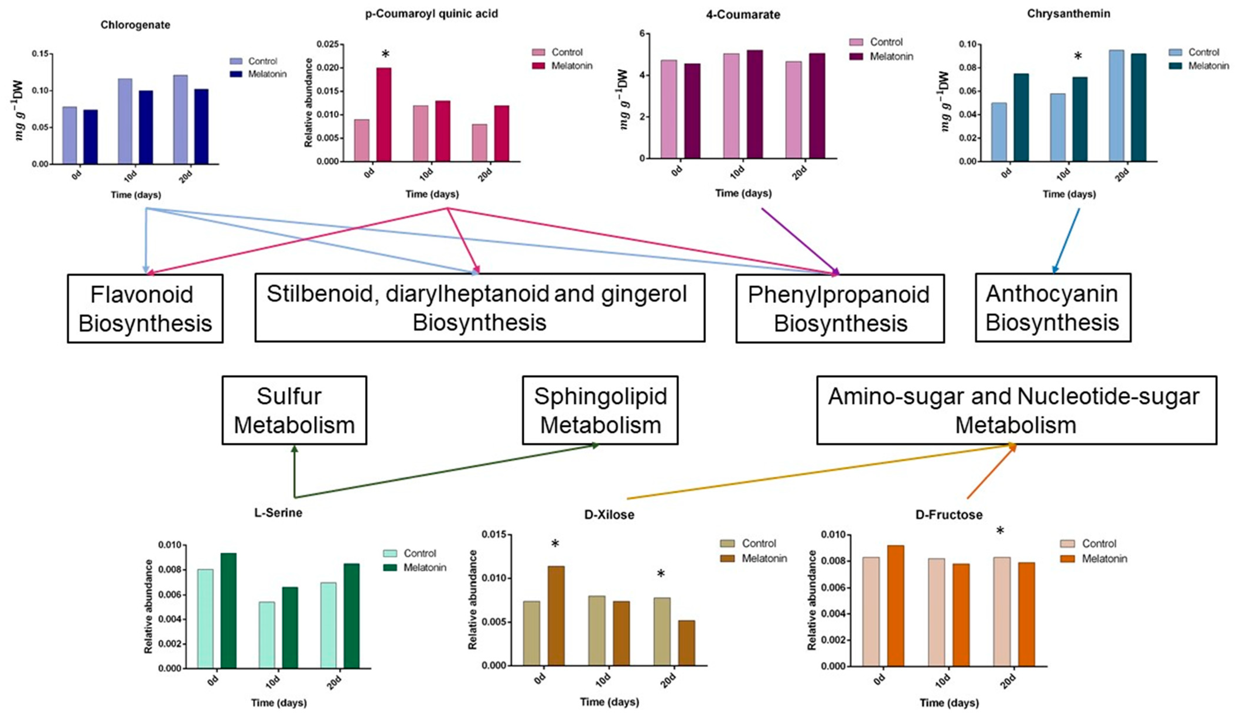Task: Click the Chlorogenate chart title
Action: point(135,25)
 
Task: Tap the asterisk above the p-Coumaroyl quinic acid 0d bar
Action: point(385,54)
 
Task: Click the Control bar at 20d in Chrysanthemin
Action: point(1116,105)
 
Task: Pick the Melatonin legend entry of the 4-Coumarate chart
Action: point(881,57)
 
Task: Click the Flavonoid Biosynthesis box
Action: point(145,308)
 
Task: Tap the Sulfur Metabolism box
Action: point(294,410)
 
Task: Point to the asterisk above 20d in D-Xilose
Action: point(661,574)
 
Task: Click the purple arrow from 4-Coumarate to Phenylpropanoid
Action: point(800,240)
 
